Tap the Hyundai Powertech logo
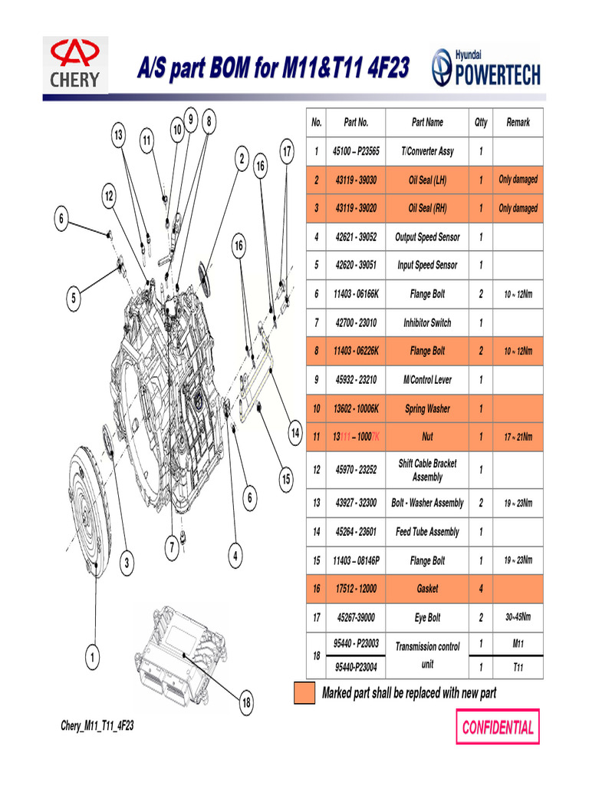(485, 68)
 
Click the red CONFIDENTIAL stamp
(498, 727)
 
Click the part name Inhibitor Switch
(427, 323)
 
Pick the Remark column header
(518, 123)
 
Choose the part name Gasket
(427, 589)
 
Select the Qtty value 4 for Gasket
(481, 589)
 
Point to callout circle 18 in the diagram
(247, 702)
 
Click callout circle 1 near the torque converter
(91, 657)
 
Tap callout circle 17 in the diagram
(286, 151)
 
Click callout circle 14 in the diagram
(294, 434)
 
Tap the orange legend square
(304, 693)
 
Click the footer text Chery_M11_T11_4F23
(97, 726)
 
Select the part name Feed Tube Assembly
(427, 532)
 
